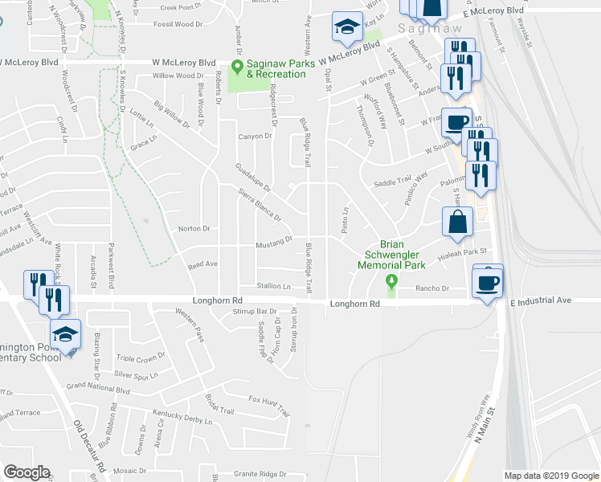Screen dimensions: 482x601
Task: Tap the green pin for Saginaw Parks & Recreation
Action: pos(236,67)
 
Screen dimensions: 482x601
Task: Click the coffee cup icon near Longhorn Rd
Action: pos(488,284)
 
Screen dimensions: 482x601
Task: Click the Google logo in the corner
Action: pos(27,472)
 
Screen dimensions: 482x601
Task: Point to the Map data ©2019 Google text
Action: pos(550,476)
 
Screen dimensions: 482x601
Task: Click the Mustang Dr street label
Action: pos(274,241)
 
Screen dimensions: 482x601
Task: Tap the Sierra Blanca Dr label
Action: pos(260,205)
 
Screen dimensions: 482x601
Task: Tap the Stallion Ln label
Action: pos(274,285)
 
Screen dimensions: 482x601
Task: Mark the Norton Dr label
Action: pos(193,229)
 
